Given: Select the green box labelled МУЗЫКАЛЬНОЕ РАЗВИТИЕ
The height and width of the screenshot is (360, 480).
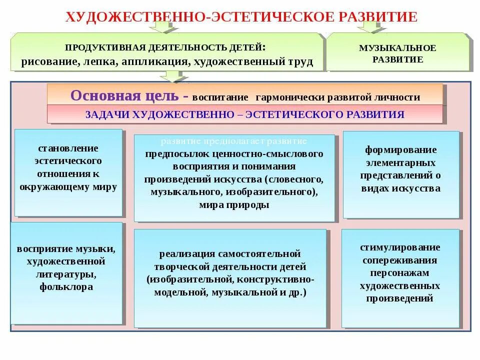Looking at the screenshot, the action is [x=397, y=53].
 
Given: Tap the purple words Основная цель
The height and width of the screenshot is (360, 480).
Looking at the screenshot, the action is [x=125, y=95].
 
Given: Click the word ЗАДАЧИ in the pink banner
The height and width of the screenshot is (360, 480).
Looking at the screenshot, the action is [x=106, y=114].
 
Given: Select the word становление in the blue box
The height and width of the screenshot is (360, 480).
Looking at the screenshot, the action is [x=68, y=148].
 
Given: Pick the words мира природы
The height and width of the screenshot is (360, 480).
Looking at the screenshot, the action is [x=234, y=204].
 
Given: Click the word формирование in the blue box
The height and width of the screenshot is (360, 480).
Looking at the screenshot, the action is [x=400, y=150].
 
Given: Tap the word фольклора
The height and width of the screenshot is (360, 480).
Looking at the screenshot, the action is [x=66, y=287].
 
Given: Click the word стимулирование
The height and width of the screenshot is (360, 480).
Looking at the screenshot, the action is [x=399, y=247].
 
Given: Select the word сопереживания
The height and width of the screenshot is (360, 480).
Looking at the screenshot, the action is [x=399, y=260].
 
